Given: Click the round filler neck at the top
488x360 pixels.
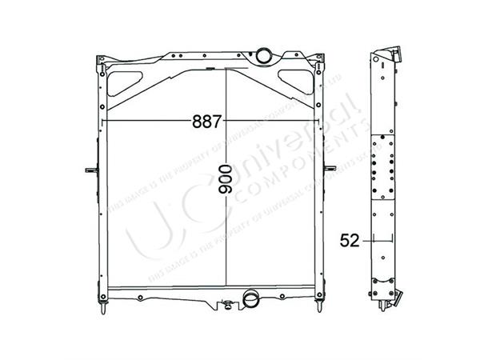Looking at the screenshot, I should pos(262,56).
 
